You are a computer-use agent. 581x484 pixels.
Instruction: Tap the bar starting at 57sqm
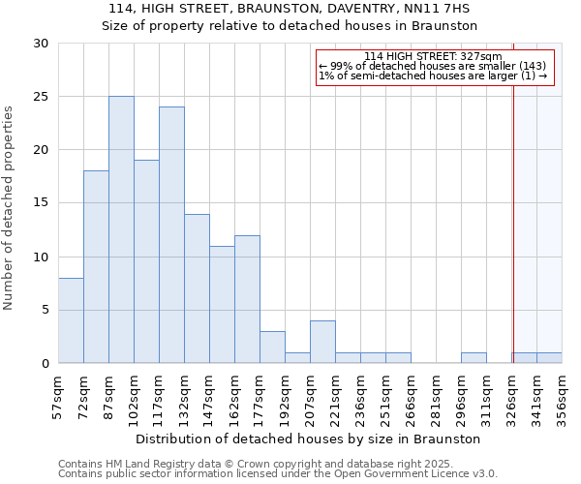(x=71, y=320)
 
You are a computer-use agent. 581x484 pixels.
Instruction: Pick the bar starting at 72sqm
(x=96, y=267)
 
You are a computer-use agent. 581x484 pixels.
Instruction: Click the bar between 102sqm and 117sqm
(x=146, y=261)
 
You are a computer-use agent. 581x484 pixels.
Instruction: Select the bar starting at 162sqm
(x=247, y=299)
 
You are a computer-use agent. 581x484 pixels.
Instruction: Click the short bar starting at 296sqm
(x=474, y=358)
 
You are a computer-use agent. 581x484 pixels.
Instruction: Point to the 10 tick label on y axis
(x=42, y=257)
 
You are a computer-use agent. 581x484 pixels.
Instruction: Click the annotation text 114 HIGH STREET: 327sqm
(x=433, y=57)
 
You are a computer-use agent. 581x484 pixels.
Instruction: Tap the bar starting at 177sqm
(x=272, y=348)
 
